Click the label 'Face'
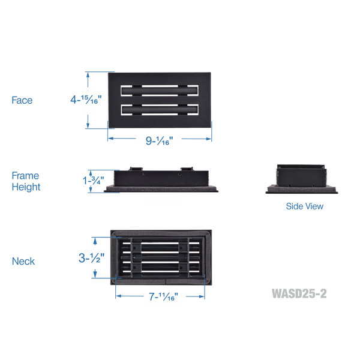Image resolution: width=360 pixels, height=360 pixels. click(22, 100)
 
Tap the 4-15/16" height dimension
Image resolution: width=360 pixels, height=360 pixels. click(86, 100)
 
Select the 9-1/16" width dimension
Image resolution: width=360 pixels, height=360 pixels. click(159, 140)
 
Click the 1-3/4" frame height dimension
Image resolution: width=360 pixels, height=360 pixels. click(93, 181)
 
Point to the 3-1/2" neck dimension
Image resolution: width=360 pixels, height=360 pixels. click(91, 258)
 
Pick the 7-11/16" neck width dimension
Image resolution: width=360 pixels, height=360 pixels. click(163, 296)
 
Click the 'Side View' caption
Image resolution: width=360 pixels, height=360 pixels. click(304, 206)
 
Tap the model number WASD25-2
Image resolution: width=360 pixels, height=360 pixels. click(299, 293)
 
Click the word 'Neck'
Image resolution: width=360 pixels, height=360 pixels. click(23, 261)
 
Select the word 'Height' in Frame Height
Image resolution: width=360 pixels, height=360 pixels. click(26, 187)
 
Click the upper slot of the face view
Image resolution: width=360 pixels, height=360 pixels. click(160, 91)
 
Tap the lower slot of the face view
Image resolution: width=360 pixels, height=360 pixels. click(160, 110)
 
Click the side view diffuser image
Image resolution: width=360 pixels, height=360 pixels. click(302, 179)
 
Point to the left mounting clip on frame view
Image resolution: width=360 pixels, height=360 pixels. click(136, 169)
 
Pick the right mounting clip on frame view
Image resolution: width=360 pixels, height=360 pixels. click(187, 169)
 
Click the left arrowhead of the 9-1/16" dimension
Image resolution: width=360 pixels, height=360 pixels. click(110, 139)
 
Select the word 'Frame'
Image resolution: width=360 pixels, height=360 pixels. click(25, 176)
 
